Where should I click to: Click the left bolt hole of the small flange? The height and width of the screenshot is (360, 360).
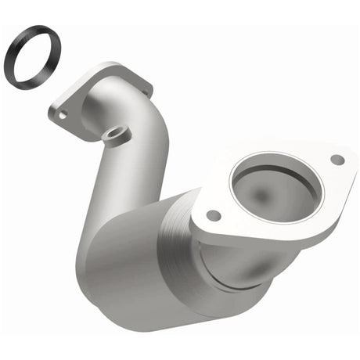(x=61, y=114)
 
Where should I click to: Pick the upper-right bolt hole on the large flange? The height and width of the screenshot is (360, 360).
(x=337, y=159)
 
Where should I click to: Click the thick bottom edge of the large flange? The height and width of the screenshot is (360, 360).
(x=258, y=239)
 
